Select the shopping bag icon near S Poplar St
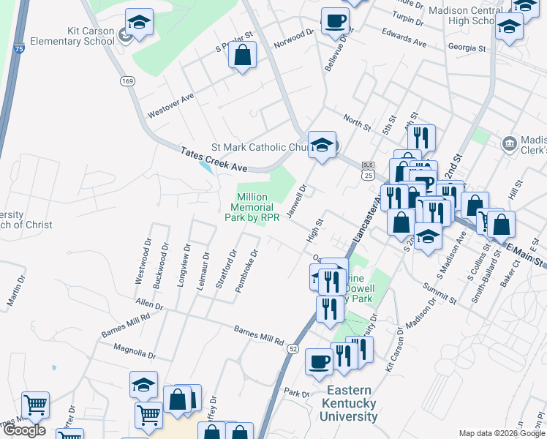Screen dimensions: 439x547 (242, 55)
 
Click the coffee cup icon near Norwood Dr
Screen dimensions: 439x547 (335, 21)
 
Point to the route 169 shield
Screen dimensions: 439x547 (128, 80)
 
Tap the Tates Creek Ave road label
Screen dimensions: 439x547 (214, 159)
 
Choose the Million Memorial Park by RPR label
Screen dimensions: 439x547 (252, 207)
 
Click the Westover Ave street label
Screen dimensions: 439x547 (170, 105)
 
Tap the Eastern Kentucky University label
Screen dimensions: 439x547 (348, 403)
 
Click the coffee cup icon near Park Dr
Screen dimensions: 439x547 (320, 361)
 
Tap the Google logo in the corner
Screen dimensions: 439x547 (23, 430)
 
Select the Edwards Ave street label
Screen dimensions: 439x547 (404, 37)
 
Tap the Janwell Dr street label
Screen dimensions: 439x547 (297, 196)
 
